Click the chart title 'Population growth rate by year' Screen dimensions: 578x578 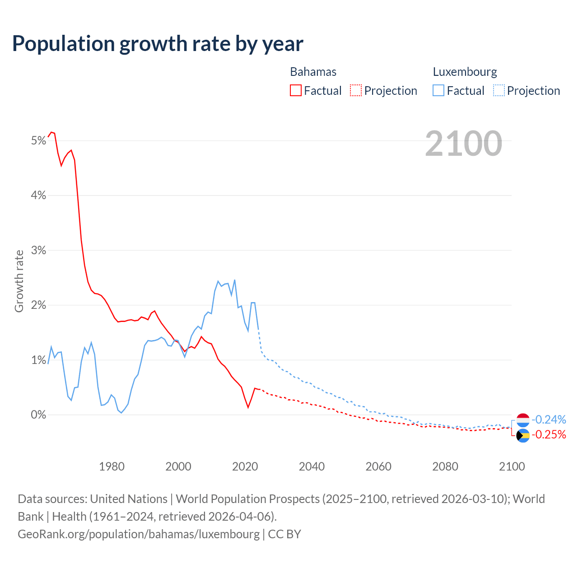[158, 43]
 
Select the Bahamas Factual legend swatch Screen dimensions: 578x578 [295, 90]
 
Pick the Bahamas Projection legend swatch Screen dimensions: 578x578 [356, 90]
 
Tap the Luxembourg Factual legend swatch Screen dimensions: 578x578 [438, 90]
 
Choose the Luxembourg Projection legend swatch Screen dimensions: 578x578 [499, 90]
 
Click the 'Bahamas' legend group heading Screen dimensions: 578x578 [313, 72]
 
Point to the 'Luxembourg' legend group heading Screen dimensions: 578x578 [465, 72]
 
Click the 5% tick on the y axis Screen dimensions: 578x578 [39, 141]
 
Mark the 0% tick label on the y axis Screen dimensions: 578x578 [39, 415]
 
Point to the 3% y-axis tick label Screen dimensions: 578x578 [39, 250]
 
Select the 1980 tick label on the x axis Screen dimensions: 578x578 [112, 466]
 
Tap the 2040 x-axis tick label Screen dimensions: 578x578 [312, 466]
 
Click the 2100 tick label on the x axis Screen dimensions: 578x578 [512, 466]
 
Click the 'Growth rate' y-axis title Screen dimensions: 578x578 [19, 281]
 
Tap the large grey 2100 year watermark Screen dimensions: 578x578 [463, 144]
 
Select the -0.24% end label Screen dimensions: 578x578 [549, 420]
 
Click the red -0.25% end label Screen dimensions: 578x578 [549, 434]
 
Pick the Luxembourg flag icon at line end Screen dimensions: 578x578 [523, 420]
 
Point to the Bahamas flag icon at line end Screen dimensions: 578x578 [523, 435]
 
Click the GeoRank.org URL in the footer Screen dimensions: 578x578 [139, 534]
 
